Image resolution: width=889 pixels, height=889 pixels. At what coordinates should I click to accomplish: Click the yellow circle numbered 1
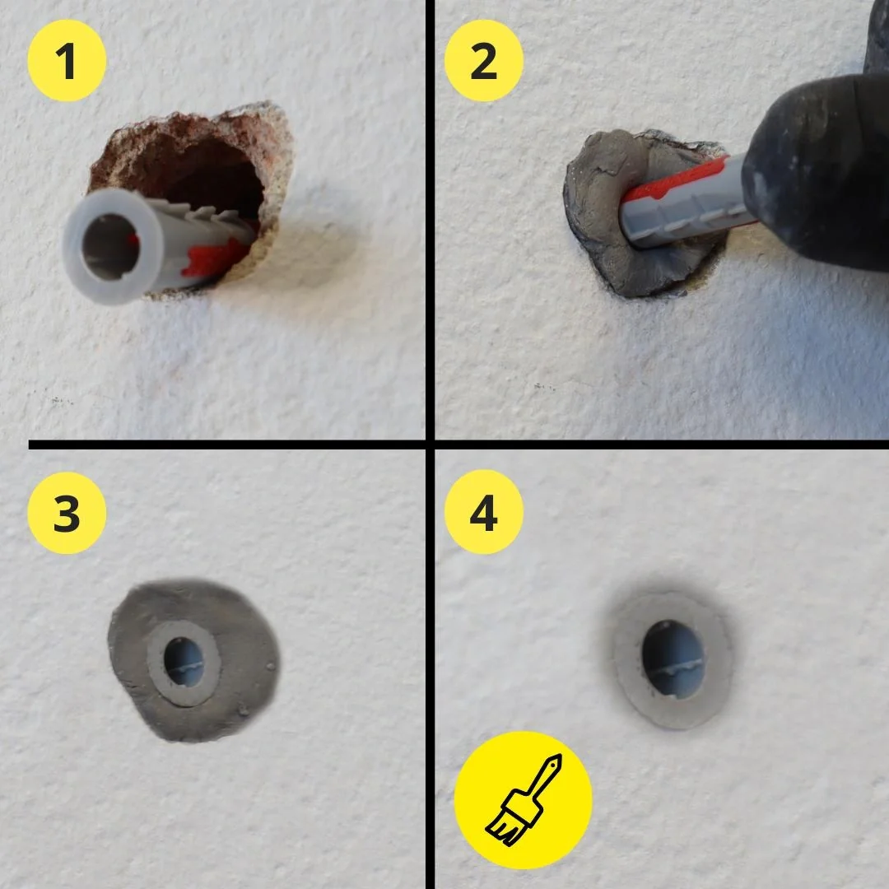click(67, 62)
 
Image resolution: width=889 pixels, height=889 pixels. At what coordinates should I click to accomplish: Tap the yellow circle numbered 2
click(484, 62)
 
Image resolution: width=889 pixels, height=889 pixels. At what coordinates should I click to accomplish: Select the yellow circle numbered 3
click(67, 512)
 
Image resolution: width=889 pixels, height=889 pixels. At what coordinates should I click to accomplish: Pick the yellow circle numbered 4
click(484, 512)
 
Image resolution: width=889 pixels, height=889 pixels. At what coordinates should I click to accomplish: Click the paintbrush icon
click(524, 799)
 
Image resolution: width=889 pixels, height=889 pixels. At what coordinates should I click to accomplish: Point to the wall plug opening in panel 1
click(109, 246)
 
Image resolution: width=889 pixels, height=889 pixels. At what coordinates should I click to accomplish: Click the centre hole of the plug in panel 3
click(183, 662)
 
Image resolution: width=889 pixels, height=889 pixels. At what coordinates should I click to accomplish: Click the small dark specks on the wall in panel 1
click(58, 401)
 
